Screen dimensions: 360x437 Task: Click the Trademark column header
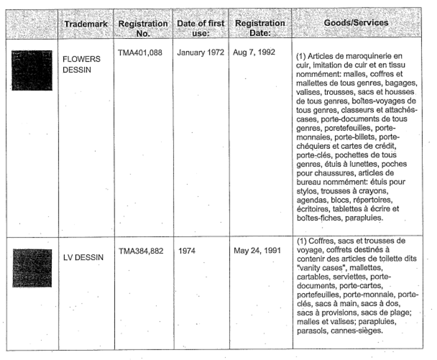coord(84,24)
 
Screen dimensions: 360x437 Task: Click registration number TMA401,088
coord(142,54)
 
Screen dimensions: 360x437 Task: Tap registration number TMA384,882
coord(143,257)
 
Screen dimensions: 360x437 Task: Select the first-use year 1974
coord(188,257)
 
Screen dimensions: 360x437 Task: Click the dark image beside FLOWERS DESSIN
coord(32,70)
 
